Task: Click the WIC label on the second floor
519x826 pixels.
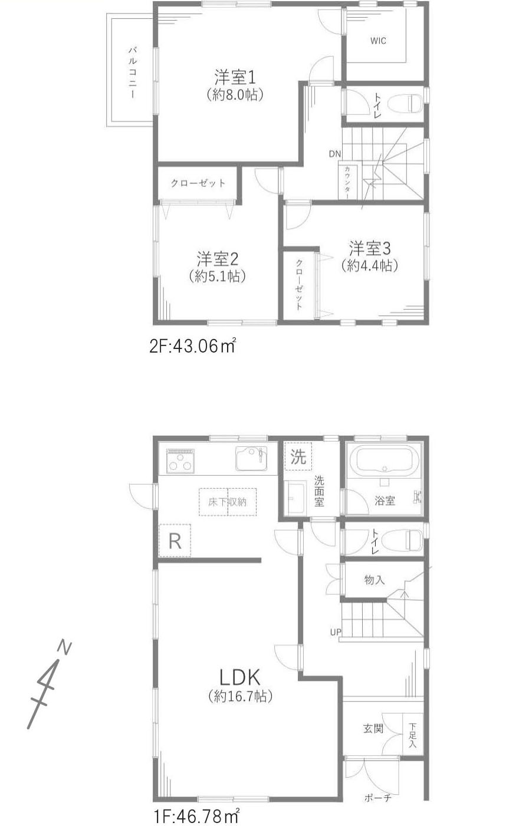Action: [378, 41]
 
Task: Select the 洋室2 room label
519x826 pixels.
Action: [217, 259]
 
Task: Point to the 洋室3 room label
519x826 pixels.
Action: [366, 248]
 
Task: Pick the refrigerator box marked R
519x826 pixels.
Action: [175, 541]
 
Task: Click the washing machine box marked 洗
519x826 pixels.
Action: [298, 456]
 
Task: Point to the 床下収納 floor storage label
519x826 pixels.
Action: [228, 502]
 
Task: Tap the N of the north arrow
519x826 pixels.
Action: [65, 647]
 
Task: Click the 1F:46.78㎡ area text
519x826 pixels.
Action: [196, 817]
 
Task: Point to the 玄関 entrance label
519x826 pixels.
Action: [373, 728]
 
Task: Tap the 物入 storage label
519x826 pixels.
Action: [375, 580]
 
